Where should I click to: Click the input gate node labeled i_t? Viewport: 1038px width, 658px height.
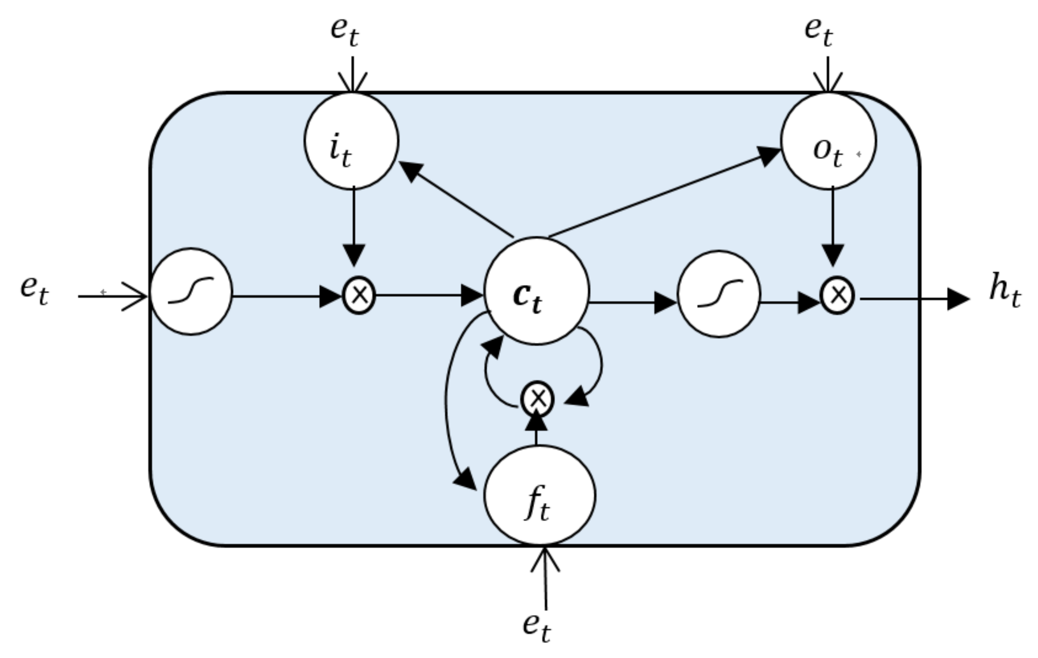pos(351,140)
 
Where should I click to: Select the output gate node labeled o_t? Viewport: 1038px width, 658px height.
pos(828,140)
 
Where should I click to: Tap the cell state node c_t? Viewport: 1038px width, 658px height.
pos(537,291)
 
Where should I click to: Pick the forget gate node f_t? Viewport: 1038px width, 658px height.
pos(539,495)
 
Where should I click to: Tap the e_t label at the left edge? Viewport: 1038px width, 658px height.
pos(35,291)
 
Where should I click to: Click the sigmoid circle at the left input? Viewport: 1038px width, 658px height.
pos(191,292)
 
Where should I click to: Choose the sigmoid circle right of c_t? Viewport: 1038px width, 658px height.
pos(719,294)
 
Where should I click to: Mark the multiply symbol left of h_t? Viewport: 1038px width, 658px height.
pos(837,295)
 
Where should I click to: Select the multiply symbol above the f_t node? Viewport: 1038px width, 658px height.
pos(537,399)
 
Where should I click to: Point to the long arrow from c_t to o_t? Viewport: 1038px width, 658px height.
pos(665,192)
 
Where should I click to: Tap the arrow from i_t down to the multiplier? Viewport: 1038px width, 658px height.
pos(354,227)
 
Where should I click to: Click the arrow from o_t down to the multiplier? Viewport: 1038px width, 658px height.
pos(833,227)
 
